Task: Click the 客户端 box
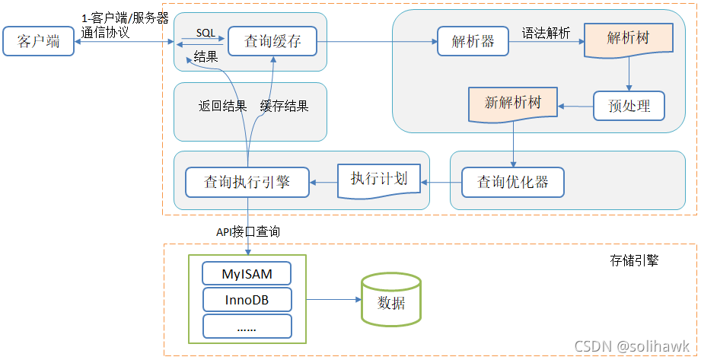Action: pyautogui.click(x=38, y=41)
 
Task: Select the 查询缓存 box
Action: pyautogui.click(x=272, y=41)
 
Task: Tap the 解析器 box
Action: pyautogui.click(x=473, y=41)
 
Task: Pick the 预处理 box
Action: pyautogui.click(x=629, y=106)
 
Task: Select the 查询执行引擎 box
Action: pyautogui.click(x=247, y=182)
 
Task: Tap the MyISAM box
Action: pyautogui.click(x=247, y=273)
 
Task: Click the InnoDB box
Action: pyautogui.click(x=247, y=300)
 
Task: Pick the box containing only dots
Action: pyautogui.click(x=247, y=327)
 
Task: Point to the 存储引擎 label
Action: pyautogui.click(x=634, y=260)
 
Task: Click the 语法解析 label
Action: pyautogui.click(x=546, y=33)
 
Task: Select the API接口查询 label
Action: pyautogui.click(x=248, y=231)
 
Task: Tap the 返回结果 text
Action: pyautogui.click(x=223, y=107)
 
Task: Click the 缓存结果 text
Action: pyautogui.click(x=284, y=107)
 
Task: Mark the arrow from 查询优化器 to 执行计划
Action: pyautogui.click(x=441, y=182)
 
